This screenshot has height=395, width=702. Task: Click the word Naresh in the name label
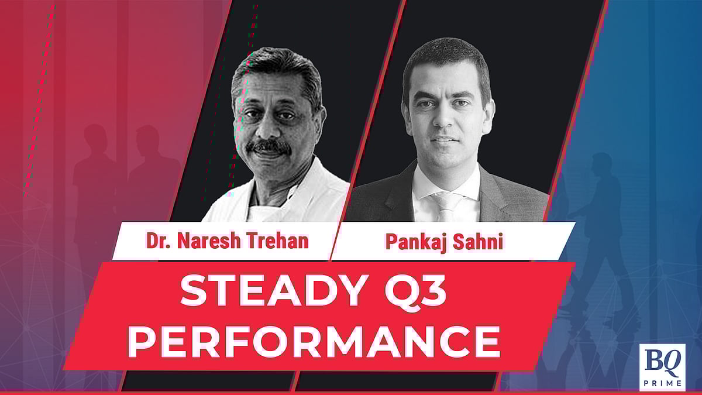209,241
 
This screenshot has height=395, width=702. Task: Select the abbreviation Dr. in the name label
159,241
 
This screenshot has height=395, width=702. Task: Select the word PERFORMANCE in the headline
314,341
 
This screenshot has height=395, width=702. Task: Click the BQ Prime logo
662,367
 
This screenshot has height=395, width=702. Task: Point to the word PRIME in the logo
662,383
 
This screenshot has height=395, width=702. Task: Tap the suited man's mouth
442,139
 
